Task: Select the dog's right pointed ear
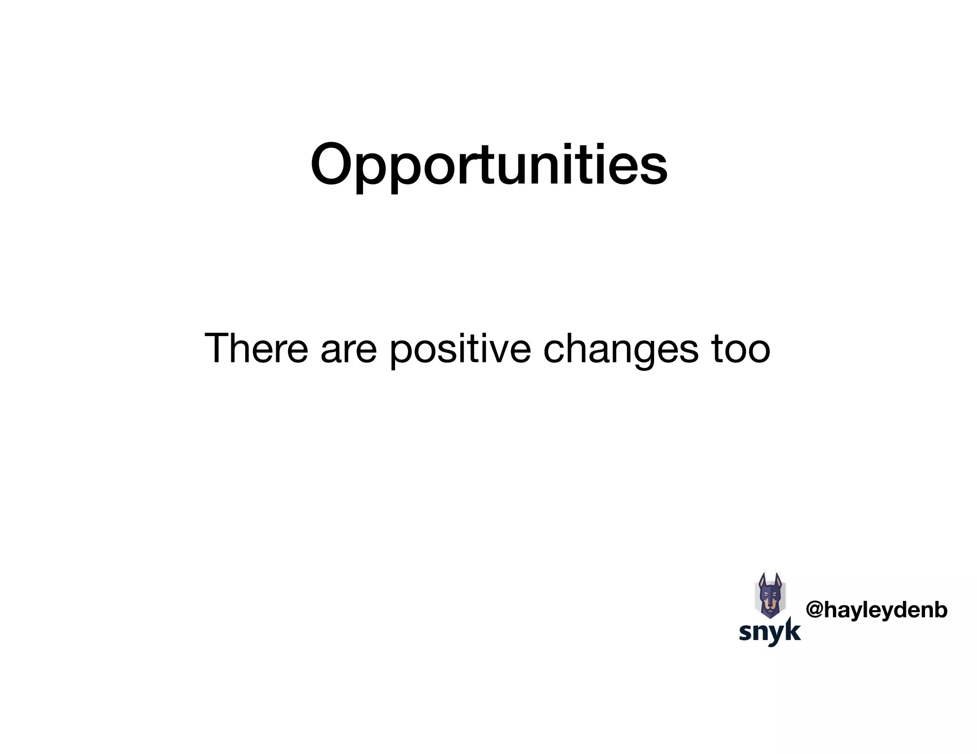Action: [778, 580]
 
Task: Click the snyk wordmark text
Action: [769, 632]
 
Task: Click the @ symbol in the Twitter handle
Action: [814, 610]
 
